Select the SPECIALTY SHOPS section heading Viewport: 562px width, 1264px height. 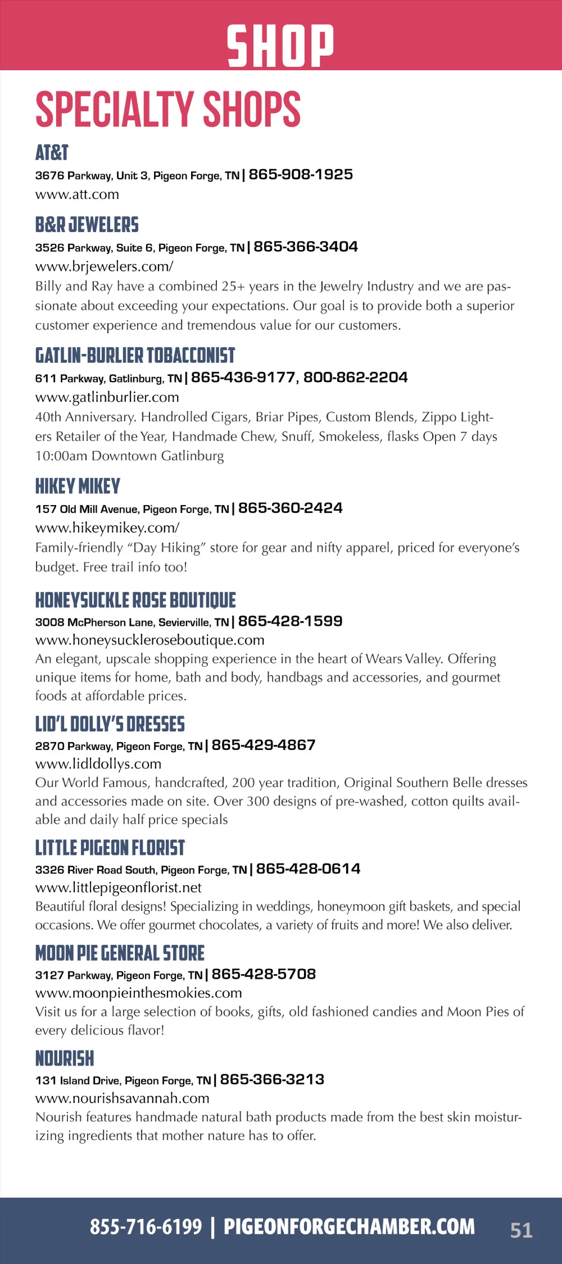point(168,109)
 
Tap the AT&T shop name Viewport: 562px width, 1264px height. point(52,153)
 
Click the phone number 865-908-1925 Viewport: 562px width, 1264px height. point(300,174)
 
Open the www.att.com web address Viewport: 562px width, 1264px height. point(77,194)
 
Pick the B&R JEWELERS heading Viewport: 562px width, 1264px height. point(87,225)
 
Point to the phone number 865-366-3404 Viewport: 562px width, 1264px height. point(305,246)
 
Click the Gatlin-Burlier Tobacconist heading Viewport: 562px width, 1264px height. point(135,356)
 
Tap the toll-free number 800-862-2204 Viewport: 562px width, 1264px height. point(355,377)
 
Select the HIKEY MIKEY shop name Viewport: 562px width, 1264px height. point(78,486)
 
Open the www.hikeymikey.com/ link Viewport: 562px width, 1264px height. point(107,528)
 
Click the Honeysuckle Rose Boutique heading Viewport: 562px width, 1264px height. point(135,600)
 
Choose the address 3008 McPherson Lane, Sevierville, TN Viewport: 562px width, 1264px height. point(132,622)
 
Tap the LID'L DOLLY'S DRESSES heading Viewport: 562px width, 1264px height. point(110,724)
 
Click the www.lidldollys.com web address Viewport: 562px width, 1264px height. point(98,764)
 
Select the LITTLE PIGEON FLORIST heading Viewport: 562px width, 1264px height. point(110,848)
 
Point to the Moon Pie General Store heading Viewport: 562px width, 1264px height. point(120,953)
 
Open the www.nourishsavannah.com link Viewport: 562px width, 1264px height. point(122,1098)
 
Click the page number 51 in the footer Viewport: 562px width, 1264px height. point(521,1230)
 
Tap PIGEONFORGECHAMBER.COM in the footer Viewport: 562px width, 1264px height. point(349,1227)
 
